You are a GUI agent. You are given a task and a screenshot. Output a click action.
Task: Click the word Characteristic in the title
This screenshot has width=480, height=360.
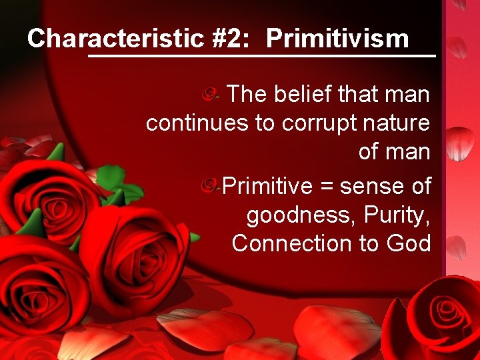[115, 39]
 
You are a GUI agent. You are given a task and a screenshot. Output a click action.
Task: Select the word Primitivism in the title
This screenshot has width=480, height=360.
[337, 39]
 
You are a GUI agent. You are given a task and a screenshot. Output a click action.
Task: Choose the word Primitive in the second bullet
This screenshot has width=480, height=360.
[267, 187]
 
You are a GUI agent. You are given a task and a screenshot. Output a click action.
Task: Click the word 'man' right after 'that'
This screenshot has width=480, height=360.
[408, 95]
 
